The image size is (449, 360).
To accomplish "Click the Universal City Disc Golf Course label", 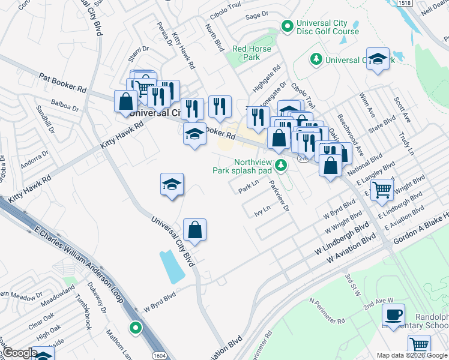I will tap(327, 28).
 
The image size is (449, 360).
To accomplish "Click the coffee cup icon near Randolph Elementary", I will tap(394, 315).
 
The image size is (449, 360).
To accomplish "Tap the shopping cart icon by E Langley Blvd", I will tap(382, 190).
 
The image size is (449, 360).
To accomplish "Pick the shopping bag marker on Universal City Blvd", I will tap(194, 230).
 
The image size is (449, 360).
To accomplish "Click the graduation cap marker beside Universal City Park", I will tap(378, 59).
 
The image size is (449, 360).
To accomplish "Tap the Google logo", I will tap(20, 353).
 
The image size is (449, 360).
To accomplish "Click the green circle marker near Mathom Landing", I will tap(136, 328).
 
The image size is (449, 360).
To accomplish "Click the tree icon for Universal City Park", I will tap(315, 59).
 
